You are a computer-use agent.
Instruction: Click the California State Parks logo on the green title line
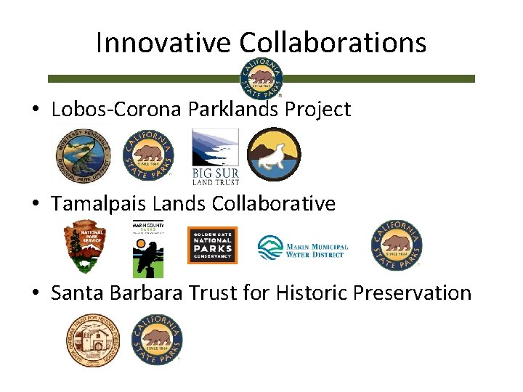pos(261,77)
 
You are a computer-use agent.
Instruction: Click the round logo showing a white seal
pos(273,155)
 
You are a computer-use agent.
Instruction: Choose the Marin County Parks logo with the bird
pos(147,248)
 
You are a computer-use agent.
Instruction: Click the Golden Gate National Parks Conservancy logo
pos(212,245)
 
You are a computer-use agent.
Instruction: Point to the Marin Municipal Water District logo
pos(303,248)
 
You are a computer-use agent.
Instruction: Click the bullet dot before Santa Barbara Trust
pos(35,294)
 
